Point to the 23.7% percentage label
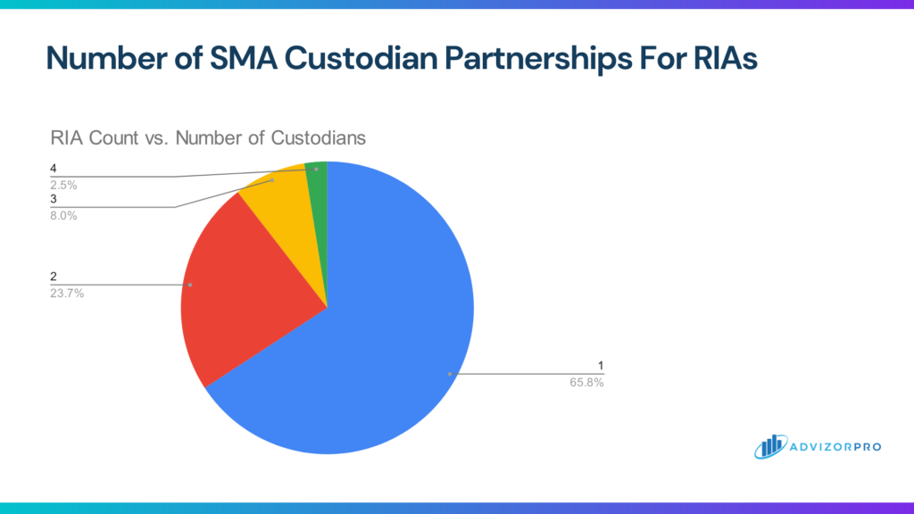pyautogui.click(x=67, y=293)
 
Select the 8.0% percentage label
pyautogui.click(x=62, y=215)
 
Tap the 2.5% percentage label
pyautogui.click(x=62, y=185)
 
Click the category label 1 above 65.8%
pyautogui.click(x=601, y=366)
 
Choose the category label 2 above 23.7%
pyautogui.click(x=53, y=278)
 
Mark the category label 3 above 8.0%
pyautogui.click(x=53, y=201)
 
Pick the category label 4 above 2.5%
pyautogui.click(x=53, y=169)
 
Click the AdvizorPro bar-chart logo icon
pyautogui.click(x=768, y=446)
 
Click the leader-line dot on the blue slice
pyautogui.click(x=450, y=373)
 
